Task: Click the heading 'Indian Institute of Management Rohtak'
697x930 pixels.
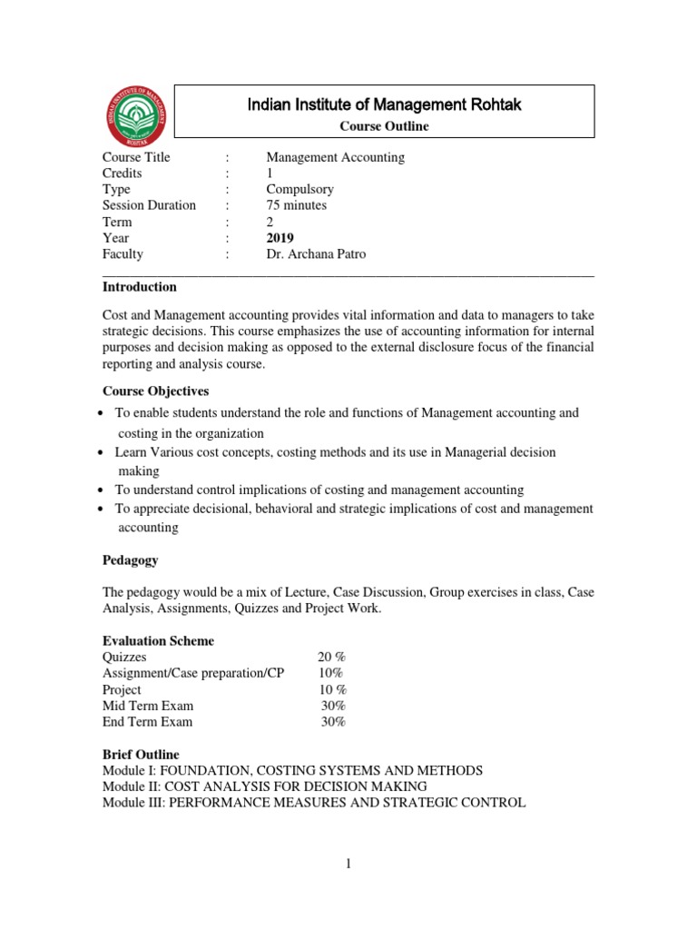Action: pos(384,105)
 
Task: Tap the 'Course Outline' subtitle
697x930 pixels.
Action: pos(384,126)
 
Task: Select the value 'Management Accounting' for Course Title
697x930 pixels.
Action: pos(335,157)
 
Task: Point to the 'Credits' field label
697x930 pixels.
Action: pos(123,173)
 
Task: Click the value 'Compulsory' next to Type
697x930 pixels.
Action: pos(299,190)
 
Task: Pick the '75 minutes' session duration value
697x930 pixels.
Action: pos(296,205)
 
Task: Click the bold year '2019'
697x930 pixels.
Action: pos(280,238)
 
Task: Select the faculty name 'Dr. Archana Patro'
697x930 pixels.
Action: pos(316,254)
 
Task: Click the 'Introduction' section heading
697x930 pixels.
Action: pos(140,287)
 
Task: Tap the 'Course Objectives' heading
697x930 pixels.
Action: pos(155,391)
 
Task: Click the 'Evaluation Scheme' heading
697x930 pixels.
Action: pos(159,641)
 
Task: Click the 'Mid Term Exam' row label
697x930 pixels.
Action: pos(148,706)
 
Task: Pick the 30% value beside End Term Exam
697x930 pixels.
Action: pos(333,722)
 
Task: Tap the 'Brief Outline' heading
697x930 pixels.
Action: pos(141,755)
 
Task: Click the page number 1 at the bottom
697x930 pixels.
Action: pos(348,865)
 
